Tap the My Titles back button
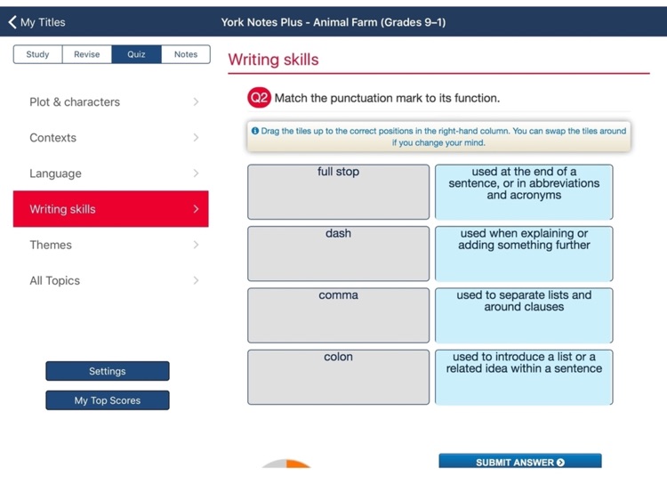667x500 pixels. pos(37,22)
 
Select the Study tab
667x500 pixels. pos(37,54)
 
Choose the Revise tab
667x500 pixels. pos(87,54)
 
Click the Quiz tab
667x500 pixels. pos(136,54)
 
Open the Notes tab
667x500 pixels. pos(186,54)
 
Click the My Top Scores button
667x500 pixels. pos(108,400)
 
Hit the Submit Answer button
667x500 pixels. pos(520,462)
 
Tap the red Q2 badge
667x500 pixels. pos(259,98)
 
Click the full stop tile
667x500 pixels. pos(339,191)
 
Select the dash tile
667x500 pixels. pos(339,254)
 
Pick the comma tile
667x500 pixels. pos(339,315)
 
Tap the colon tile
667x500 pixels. pos(339,376)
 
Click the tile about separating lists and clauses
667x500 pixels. pos(524,315)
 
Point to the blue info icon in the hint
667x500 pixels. pos(255,131)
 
